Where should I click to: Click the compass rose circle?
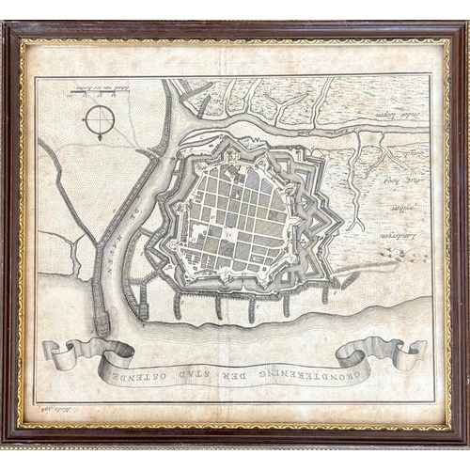(99, 120)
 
